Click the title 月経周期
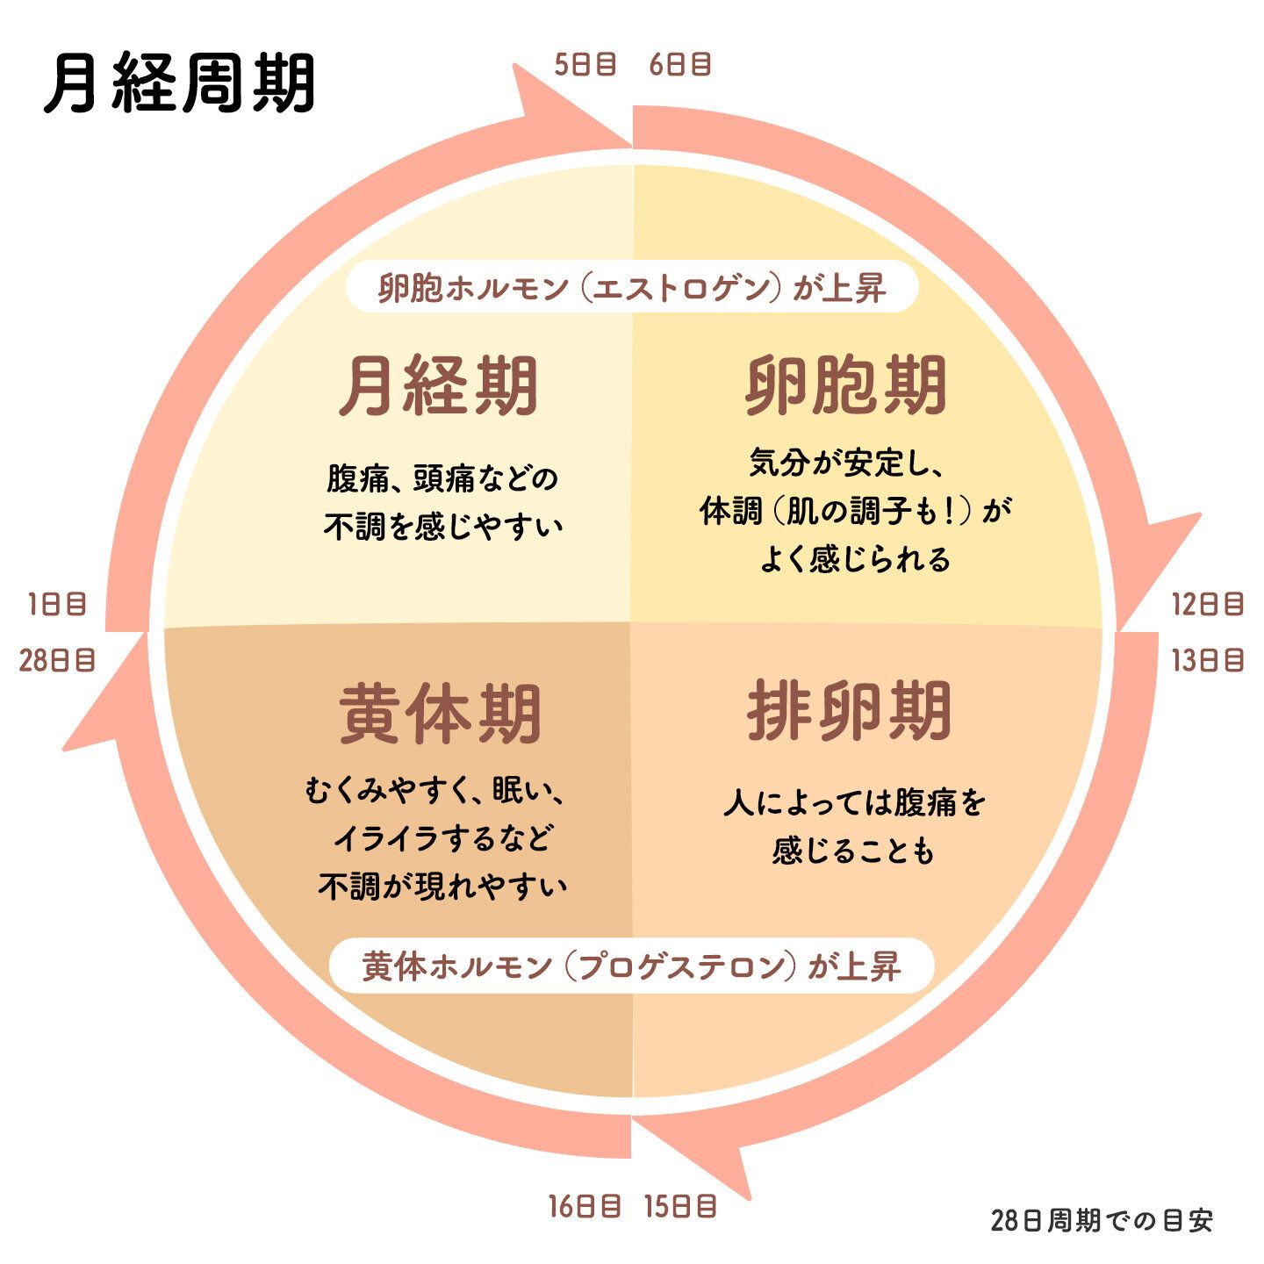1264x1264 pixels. [x=180, y=85]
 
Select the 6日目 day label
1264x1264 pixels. [x=680, y=65]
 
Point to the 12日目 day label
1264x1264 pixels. [x=1208, y=604]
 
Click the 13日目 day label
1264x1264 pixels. [x=1208, y=660]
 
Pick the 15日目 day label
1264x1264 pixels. [x=680, y=1207]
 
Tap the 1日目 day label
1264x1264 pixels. [x=57, y=604]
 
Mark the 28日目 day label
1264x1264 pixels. [x=57, y=660]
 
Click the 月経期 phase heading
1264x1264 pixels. [x=439, y=386]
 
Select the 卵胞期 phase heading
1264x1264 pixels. [x=846, y=386]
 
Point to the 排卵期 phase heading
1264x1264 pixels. [x=849, y=711]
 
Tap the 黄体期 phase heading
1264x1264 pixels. [x=439, y=715]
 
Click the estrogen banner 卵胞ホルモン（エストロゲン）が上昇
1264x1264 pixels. [x=632, y=288]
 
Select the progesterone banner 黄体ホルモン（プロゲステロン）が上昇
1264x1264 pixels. [x=632, y=966]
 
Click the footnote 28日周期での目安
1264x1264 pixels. [x=1102, y=1221]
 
